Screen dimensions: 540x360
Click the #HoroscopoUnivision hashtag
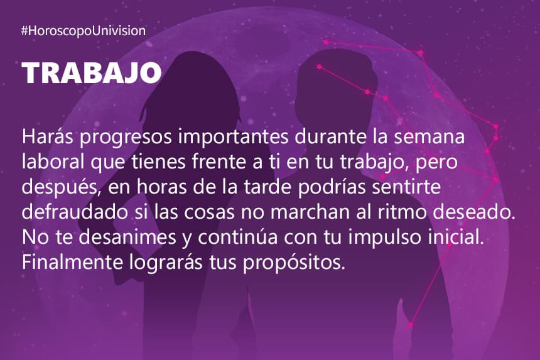pyautogui.click(x=84, y=31)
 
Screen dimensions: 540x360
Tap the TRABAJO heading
pyautogui.click(x=92, y=73)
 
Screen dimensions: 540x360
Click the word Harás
pyautogui.click(x=48, y=136)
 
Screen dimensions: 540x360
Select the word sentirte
pyautogui.click(x=406, y=187)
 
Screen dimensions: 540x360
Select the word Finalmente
pyautogui.click(x=72, y=262)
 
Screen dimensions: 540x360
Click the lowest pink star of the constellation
pyautogui.click(x=410, y=325)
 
